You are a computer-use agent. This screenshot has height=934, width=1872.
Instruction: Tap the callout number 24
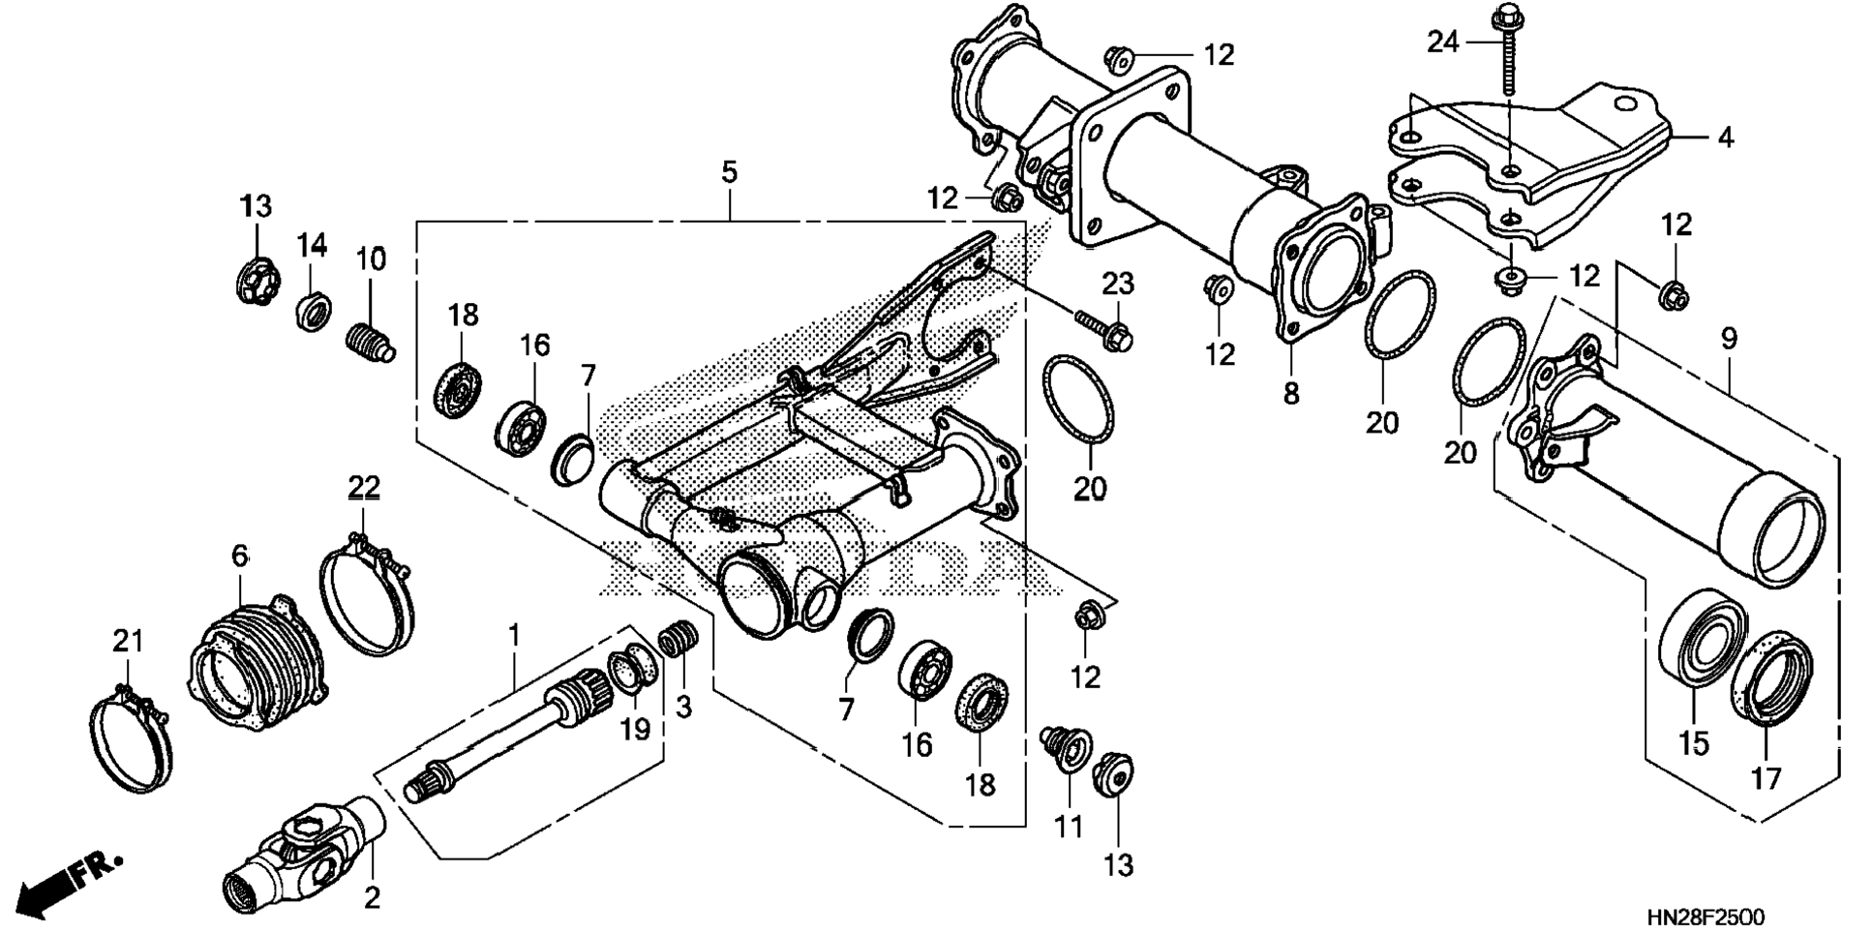click(1442, 43)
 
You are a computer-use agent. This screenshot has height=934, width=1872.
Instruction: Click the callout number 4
click(1724, 137)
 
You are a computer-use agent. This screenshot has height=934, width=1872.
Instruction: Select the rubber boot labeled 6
click(256, 659)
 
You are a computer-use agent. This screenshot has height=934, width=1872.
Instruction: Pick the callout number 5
click(729, 173)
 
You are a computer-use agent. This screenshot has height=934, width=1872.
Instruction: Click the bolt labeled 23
click(1102, 328)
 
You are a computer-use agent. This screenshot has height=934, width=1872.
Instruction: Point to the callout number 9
click(1729, 339)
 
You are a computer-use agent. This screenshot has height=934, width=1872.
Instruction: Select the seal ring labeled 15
click(1701, 638)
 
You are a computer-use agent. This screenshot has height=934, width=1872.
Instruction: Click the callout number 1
click(514, 635)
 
